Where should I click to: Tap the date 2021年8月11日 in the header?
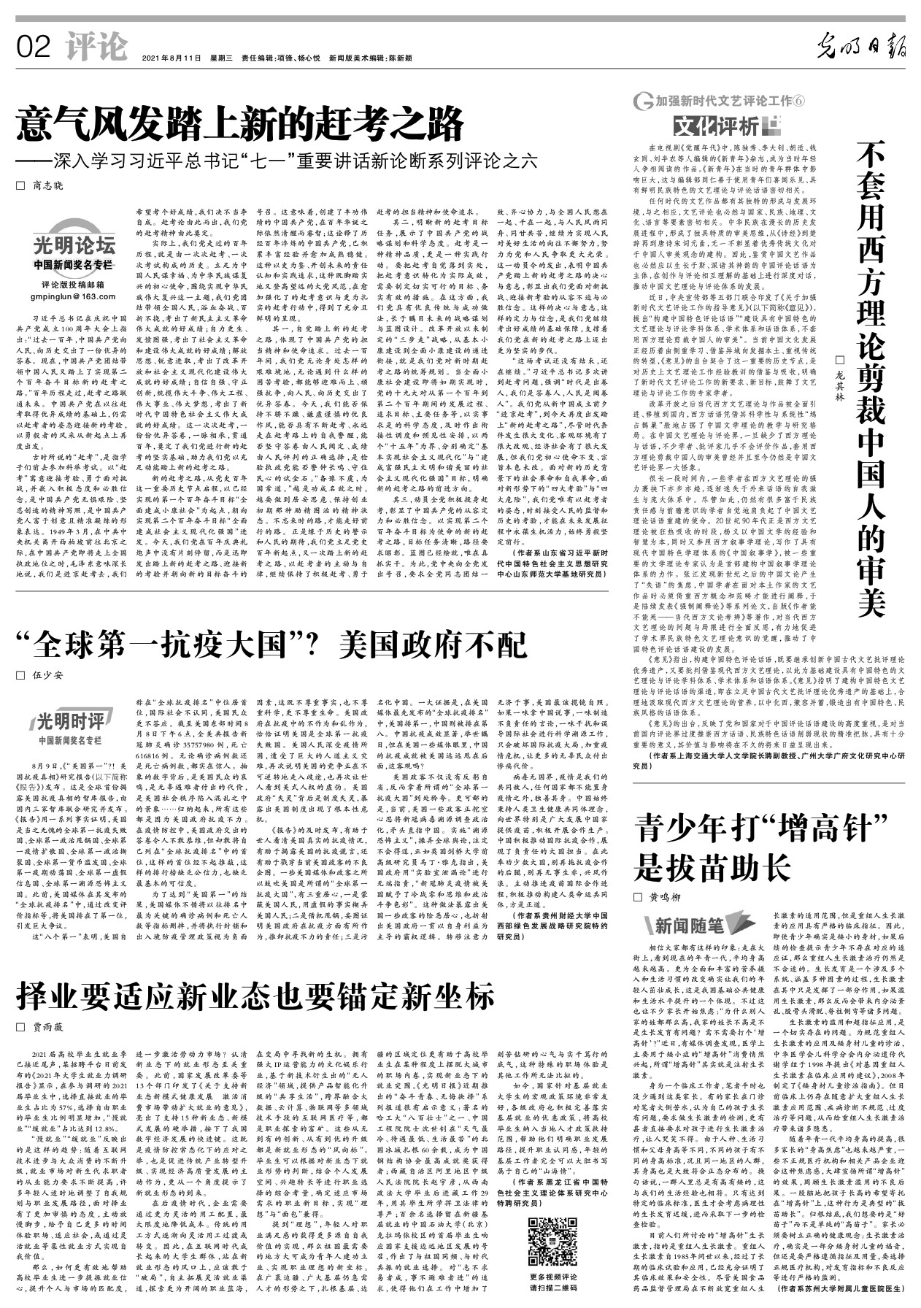[x=171, y=58]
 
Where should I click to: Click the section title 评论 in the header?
[x=95, y=47]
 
